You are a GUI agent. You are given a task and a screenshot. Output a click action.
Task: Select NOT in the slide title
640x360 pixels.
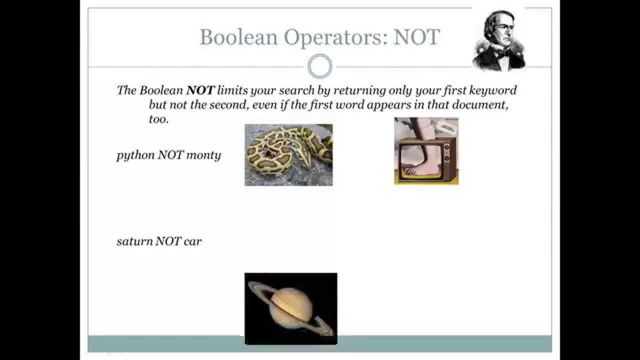[416, 37]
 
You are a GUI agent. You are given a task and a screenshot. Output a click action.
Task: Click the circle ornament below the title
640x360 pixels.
[320, 66]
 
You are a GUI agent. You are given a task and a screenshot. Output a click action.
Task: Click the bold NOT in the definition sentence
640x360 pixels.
[200, 90]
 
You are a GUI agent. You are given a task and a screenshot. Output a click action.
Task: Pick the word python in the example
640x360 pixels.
[135, 155]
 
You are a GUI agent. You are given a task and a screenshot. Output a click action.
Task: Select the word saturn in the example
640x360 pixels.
[134, 241]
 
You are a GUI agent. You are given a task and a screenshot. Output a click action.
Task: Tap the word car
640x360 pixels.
[192, 241]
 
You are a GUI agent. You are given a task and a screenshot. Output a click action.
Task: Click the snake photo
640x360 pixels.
[288, 154]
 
